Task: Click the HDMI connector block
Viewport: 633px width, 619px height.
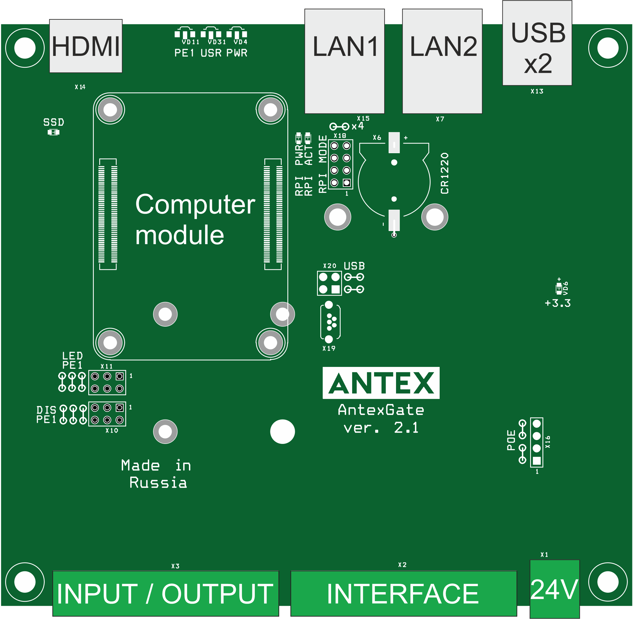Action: [86, 46]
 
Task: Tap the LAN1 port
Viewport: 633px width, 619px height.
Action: [344, 61]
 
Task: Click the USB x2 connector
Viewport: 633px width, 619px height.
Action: [537, 43]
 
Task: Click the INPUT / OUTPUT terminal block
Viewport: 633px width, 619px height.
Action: [165, 593]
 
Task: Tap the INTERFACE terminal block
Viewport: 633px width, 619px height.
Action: [403, 593]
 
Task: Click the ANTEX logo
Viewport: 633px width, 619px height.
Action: [381, 383]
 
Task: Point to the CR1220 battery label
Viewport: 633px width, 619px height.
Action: [445, 173]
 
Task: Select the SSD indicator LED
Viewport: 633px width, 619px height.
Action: [53, 132]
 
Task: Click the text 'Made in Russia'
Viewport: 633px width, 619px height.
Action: [156, 474]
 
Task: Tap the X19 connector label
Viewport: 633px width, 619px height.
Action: [329, 349]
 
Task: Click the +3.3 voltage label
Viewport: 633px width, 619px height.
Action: [558, 303]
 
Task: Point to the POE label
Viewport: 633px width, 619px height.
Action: [511, 440]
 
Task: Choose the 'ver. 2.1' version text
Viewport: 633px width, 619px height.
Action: [381, 428]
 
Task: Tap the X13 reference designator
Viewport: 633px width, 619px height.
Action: [537, 91]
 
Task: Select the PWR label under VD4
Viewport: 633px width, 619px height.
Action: [237, 53]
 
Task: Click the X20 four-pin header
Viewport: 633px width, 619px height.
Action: [329, 283]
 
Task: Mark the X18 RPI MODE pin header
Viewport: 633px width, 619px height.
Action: [340, 164]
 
